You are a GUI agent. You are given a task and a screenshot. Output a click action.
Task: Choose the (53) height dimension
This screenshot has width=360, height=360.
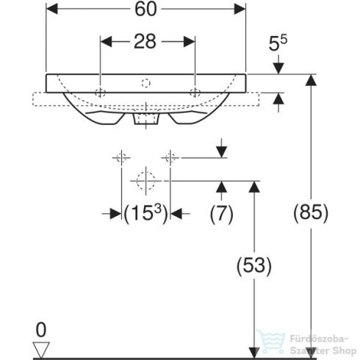[253, 265]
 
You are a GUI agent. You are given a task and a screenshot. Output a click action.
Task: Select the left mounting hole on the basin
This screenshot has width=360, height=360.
[100, 92]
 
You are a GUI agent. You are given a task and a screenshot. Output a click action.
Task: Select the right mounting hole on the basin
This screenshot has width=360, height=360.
[195, 92]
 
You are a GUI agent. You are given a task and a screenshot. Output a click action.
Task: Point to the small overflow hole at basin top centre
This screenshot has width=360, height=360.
[147, 82]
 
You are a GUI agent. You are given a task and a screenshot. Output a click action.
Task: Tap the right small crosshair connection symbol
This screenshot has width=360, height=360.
[170, 156]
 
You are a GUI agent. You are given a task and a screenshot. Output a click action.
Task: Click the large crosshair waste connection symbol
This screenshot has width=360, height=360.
[146, 179]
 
